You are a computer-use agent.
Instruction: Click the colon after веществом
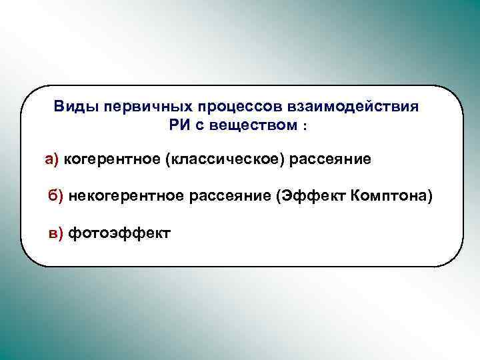coord(305,126)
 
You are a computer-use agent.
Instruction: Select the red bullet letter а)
coord(52,159)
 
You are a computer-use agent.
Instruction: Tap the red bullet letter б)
coord(55,196)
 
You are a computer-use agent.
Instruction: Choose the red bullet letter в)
coord(55,233)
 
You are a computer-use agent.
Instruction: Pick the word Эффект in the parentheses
coord(312,196)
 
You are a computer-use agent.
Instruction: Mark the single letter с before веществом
coord(197,125)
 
